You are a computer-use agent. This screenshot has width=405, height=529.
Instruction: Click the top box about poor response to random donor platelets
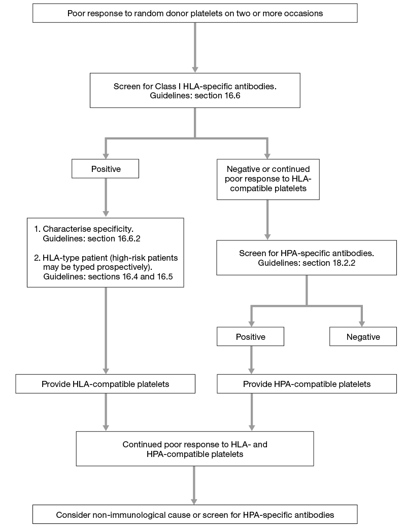pyautogui.click(x=195, y=14)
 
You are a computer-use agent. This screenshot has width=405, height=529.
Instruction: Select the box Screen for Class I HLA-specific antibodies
pyautogui.click(x=195, y=90)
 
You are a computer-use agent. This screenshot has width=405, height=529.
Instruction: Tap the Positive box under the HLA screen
pyautogui.click(x=105, y=169)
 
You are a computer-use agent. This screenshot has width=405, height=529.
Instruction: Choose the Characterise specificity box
pyautogui.click(x=105, y=253)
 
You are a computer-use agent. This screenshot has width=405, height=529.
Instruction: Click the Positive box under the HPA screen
pyautogui.click(x=250, y=337)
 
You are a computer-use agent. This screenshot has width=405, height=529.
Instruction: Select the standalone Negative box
pyautogui.click(x=362, y=337)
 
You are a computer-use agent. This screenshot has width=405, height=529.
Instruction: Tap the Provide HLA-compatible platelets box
pyautogui.click(x=105, y=384)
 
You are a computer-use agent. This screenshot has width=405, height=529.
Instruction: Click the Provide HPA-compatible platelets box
pyautogui.click(x=307, y=384)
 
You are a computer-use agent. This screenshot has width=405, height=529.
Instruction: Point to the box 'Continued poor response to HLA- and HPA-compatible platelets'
pyautogui.click(x=195, y=449)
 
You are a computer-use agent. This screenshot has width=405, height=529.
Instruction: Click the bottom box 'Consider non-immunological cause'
pyautogui.click(x=195, y=514)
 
